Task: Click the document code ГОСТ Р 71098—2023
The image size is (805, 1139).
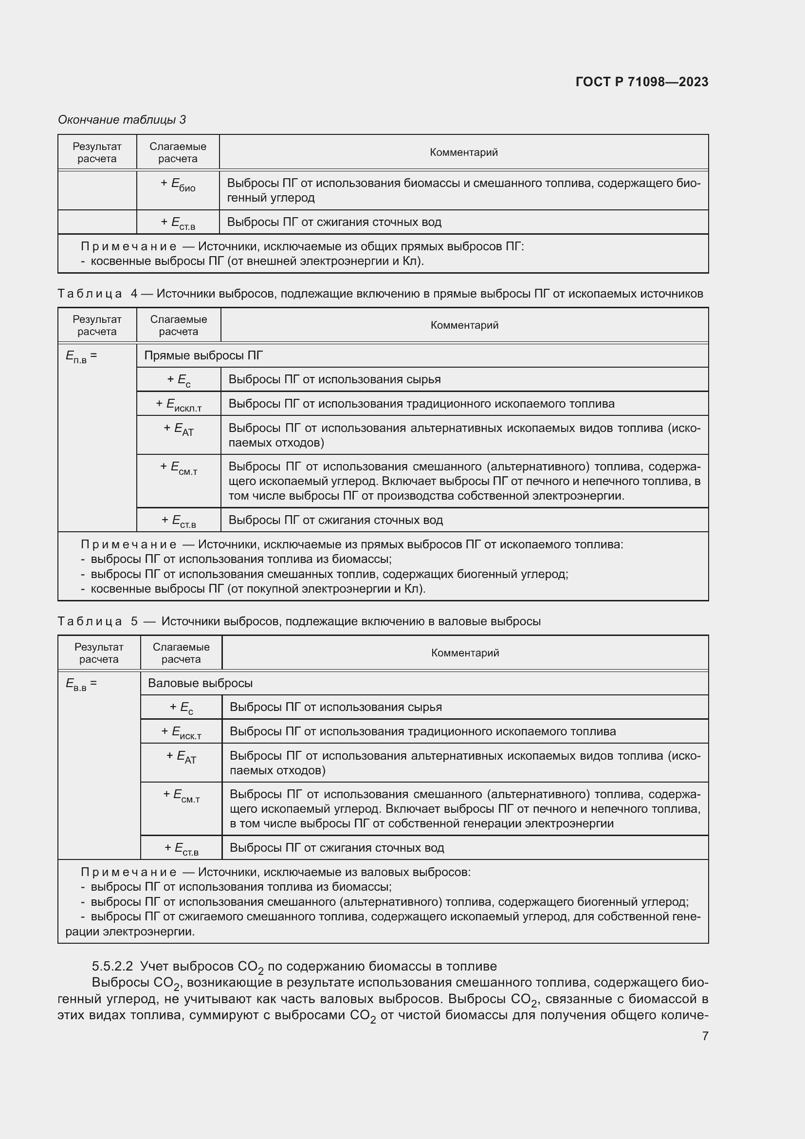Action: [x=641, y=82]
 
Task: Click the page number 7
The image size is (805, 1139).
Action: [x=705, y=1036]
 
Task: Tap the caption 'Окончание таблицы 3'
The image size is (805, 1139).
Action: [x=122, y=120]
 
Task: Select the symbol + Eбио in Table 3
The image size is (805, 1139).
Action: [x=178, y=185]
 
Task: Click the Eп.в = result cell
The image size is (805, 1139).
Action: [x=81, y=356]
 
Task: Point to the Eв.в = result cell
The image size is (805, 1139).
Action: [x=81, y=684]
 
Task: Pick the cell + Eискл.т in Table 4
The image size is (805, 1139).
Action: [x=179, y=404]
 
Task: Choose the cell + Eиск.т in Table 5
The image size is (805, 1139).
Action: [x=181, y=732]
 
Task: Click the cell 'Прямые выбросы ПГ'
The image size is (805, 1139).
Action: [x=203, y=355]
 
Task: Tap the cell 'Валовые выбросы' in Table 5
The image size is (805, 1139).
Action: [x=200, y=683]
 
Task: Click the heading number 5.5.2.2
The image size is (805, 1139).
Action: [x=112, y=966]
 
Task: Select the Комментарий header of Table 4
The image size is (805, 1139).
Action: [x=464, y=325]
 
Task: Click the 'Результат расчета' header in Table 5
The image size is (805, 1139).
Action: [x=99, y=653]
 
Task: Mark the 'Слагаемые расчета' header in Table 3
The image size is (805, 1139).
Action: [x=178, y=152]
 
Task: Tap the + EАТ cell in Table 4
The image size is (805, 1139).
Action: [x=179, y=429]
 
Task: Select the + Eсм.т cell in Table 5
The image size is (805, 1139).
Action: [x=181, y=796]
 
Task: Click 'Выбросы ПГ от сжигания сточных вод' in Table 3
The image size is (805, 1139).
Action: [x=333, y=222]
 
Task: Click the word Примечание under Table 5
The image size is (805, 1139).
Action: [x=128, y=872]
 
